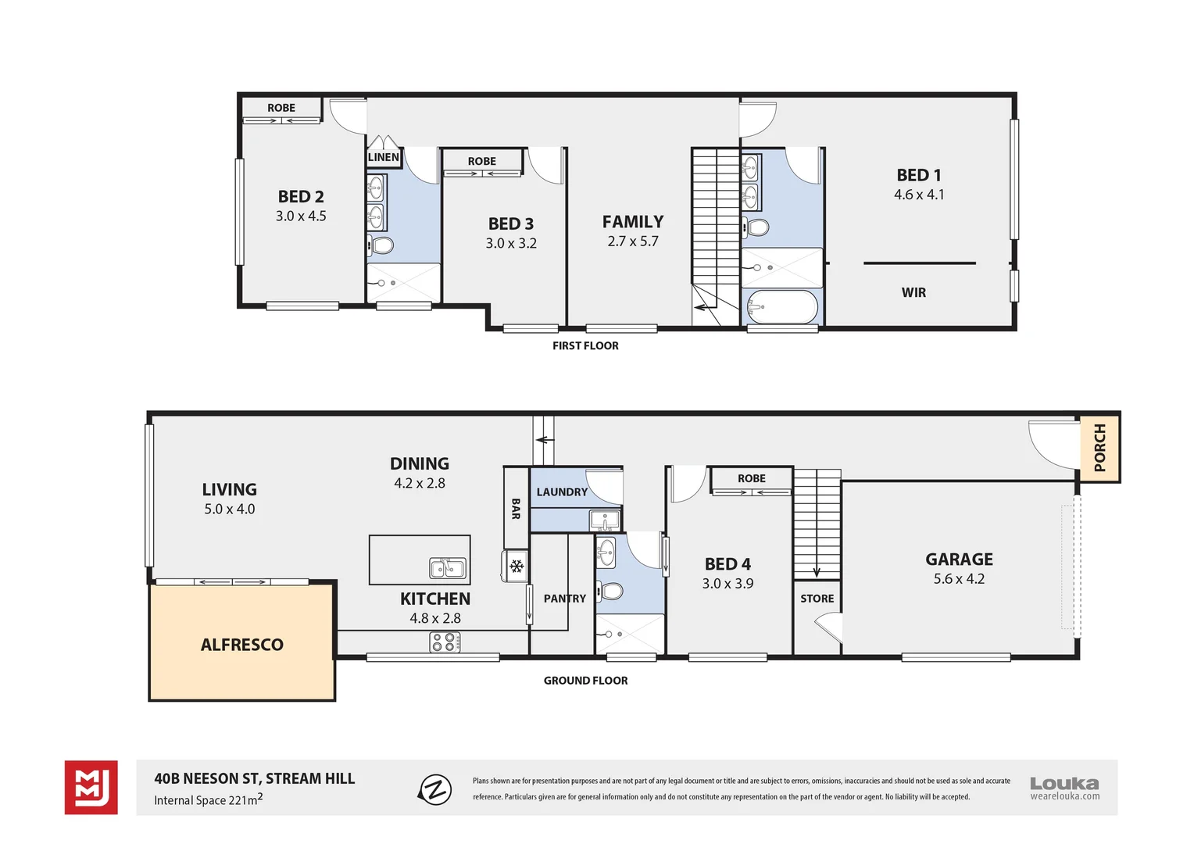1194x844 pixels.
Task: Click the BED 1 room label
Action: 918,175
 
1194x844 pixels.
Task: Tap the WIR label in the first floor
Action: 913,292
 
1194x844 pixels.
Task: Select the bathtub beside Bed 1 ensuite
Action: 782,307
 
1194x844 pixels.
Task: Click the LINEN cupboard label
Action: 383,157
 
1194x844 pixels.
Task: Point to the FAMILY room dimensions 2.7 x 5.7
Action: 633,241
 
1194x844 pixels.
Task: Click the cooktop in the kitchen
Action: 445,642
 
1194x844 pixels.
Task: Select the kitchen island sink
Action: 448,568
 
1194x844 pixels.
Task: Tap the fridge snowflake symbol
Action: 517,566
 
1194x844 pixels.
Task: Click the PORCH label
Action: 1099,448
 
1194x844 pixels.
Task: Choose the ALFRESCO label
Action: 242,645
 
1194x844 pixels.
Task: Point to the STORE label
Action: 817,599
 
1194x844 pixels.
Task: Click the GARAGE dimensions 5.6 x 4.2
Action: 959,579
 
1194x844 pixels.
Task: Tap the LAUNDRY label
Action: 561,492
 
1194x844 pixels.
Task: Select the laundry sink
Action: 605,520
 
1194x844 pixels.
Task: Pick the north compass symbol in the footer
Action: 435,789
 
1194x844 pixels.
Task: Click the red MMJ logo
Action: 91,787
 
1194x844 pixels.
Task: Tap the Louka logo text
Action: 1064,783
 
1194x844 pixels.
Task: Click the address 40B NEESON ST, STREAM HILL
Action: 255,778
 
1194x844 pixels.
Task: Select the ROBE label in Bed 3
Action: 481,161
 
